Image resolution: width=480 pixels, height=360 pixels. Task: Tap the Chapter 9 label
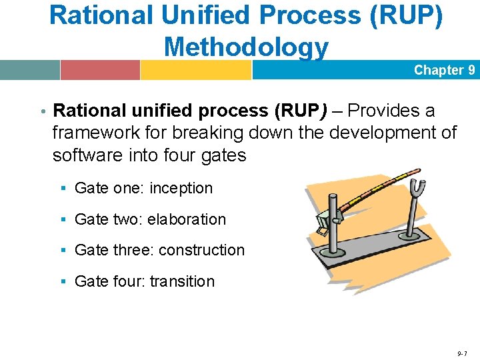(444, 70)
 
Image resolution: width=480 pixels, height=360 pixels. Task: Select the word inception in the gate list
(181, 189)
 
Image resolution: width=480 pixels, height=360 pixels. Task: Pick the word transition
(182, 281)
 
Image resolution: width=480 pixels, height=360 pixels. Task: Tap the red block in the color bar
(100, 70)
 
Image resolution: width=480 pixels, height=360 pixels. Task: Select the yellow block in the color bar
(195, 70)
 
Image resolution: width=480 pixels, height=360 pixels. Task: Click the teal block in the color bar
(30, 70)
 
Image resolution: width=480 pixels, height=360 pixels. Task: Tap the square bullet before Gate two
(63, 220)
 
